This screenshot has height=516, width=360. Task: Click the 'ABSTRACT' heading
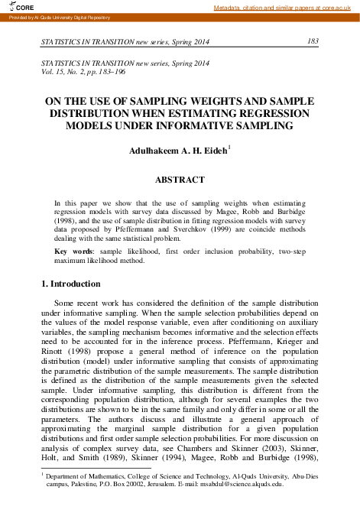(x=180, y=180)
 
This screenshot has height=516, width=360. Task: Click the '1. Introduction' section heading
(x=70, y=284)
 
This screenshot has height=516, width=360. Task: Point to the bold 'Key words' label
(x=73, y=249)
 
